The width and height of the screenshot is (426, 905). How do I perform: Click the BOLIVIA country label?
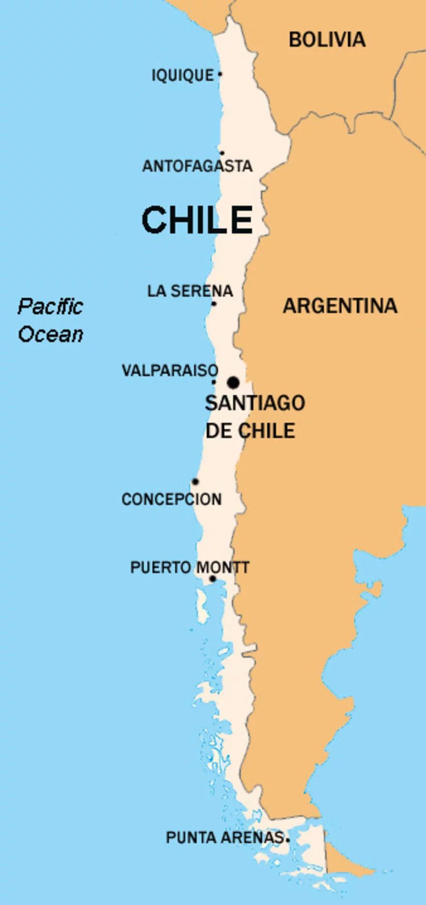(x=327, y=40)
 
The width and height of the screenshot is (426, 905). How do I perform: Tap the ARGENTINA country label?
(x=340, y=306)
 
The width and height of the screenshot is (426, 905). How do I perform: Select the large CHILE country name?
(x=197, y=220)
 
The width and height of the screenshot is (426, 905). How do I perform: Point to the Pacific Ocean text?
(x=50, y=320)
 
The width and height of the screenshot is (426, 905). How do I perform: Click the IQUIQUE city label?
(x=183, y=76)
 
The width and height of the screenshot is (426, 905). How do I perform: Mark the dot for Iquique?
(x=220, y=74)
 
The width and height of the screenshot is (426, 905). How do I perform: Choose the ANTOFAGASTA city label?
(x=197, y=166)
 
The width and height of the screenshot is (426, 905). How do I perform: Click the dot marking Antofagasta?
(x=222, y=153)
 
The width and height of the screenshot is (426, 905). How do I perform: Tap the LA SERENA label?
(x=190, y=291)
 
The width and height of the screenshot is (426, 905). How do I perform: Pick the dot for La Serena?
(x=214, y=304)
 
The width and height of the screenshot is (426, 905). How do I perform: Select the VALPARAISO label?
(x=169, y=371)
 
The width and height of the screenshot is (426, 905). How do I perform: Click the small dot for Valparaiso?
(x=213, y=382)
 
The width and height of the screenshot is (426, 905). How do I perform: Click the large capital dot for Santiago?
(x=233, y=382)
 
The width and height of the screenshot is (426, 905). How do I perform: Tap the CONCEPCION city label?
(x=171, y=499)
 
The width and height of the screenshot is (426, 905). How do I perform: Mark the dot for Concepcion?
(x=195, y=482)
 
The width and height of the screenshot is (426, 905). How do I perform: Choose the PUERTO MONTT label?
(x=189, y=567)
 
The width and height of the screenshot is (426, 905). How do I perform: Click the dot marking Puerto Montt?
(x=212, y=579)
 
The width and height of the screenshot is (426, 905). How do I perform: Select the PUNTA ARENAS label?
(x=224, y=838)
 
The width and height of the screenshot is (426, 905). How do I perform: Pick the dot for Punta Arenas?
(x=288, y=840)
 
